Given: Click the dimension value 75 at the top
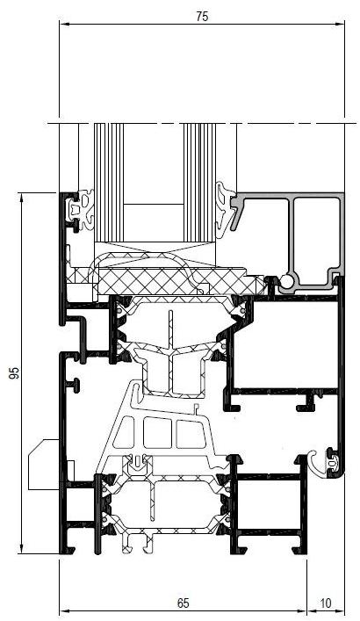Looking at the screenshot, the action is pos(202,17).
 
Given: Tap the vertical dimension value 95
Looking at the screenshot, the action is pos(14,373).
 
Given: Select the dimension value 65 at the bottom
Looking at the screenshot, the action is pos(183,603).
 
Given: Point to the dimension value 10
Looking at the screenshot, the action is pos(325,603).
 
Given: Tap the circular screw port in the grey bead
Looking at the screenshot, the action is pos(286,282).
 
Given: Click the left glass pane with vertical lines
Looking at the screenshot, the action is pos(109,182).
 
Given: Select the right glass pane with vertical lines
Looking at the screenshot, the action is pos(199,182).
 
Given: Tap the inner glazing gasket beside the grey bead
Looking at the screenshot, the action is pos(224,210).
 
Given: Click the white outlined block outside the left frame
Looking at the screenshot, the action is pos(44,464).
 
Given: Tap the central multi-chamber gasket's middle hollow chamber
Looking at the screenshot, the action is pos(157,433).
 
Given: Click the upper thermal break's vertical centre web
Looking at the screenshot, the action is pos(171,352).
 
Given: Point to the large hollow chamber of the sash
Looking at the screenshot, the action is pos(285,344).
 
